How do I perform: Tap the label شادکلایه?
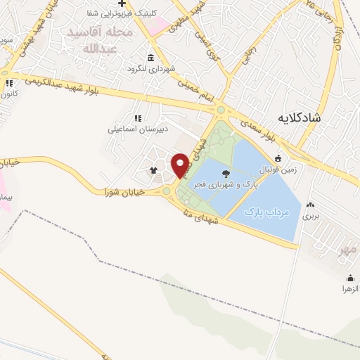299,117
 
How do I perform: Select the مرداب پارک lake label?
267,211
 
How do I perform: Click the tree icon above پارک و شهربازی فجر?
226,173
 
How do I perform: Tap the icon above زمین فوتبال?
278,158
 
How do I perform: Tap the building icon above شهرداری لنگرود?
150,58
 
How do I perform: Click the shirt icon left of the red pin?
154,169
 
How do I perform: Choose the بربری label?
311,217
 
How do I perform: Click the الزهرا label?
349,288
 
